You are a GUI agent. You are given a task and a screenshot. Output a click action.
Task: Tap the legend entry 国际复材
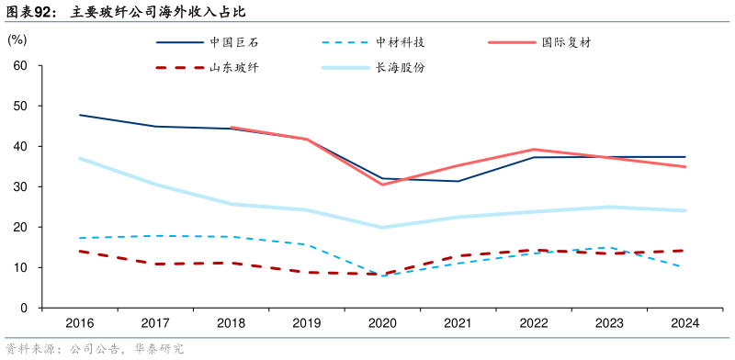click(565, 42)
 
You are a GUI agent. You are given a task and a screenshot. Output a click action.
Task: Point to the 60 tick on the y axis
click(20, 66)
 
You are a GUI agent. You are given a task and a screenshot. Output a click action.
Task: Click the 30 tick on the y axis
click(20, 186)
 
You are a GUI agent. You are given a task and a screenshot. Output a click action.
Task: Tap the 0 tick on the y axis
click(24, 308)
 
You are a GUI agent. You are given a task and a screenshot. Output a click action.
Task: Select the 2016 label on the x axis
click(79, 323)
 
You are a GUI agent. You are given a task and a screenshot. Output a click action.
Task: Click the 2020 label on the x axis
click(381, 323)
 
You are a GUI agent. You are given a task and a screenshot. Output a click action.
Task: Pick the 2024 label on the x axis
click(684, 323)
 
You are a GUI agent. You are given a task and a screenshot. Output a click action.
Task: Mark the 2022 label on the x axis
click(533, 323)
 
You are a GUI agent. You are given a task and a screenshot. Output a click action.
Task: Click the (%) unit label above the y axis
click(17, 40)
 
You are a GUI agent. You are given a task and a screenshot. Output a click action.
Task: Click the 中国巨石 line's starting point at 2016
click(79, 115)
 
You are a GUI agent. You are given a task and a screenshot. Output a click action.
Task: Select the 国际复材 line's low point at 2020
click(381, 185)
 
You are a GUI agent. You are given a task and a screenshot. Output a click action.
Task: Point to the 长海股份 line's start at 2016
click(79, 158)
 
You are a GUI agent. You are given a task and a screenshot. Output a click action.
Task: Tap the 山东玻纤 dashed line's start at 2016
click(79, 251)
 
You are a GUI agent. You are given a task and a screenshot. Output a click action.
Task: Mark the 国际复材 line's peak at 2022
click(533, 149)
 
